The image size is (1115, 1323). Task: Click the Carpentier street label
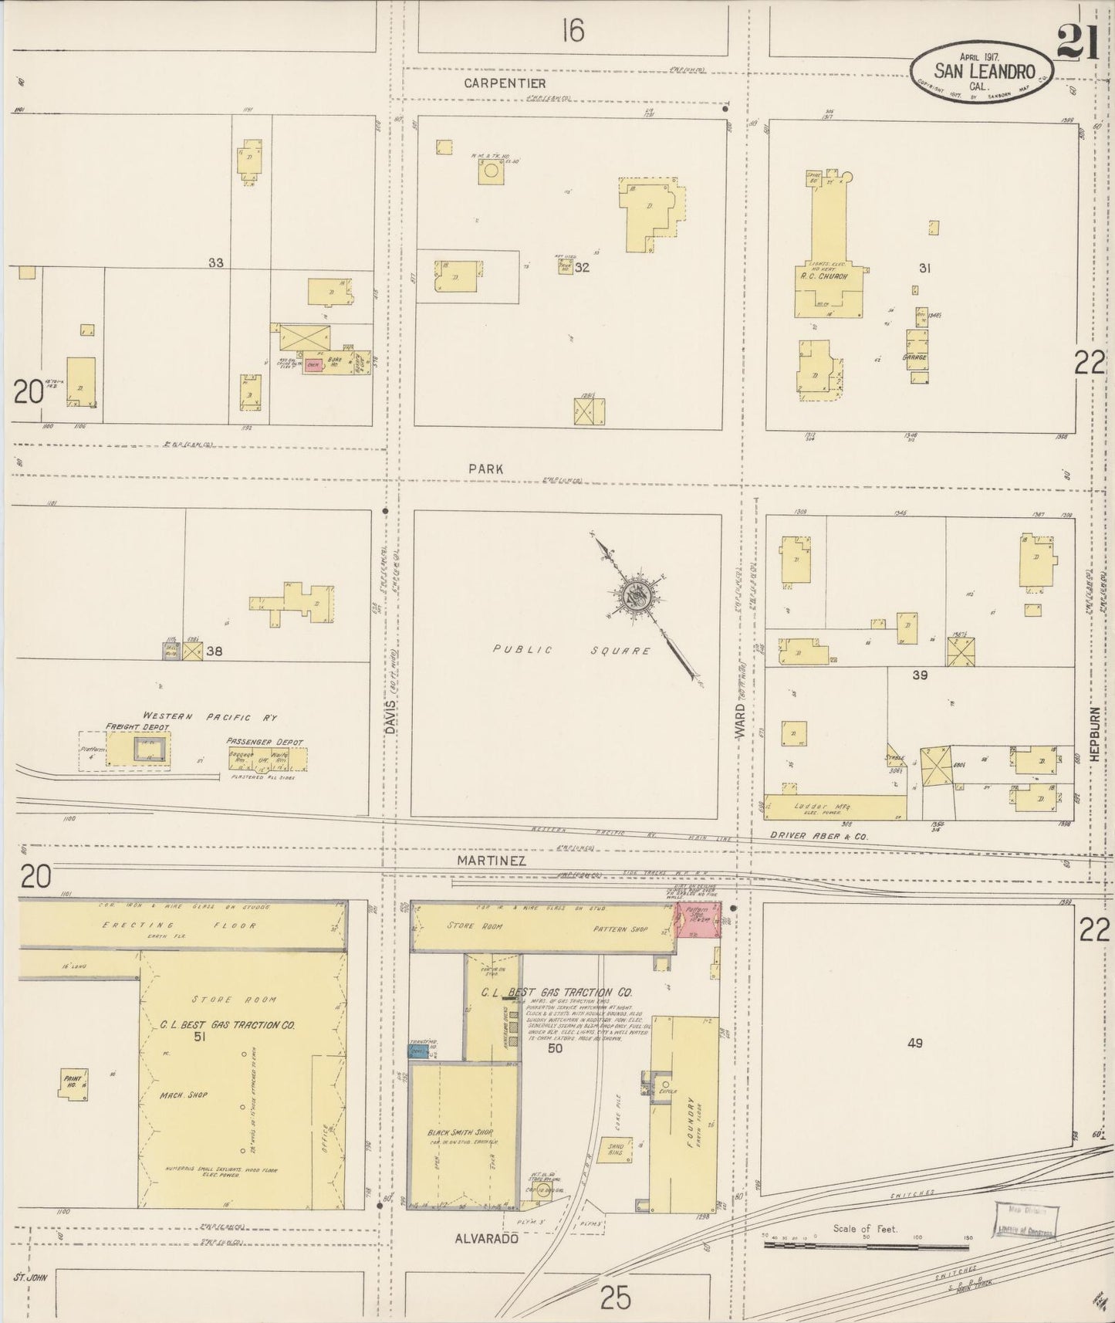(505, 83)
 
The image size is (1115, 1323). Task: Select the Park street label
(485, 469)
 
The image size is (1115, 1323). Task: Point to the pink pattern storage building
(698, 922)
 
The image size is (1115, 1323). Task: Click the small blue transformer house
(418, 1051)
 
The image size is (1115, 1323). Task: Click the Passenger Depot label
(265, 741)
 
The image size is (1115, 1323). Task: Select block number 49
(914, 1043)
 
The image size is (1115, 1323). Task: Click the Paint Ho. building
(74, 1082)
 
